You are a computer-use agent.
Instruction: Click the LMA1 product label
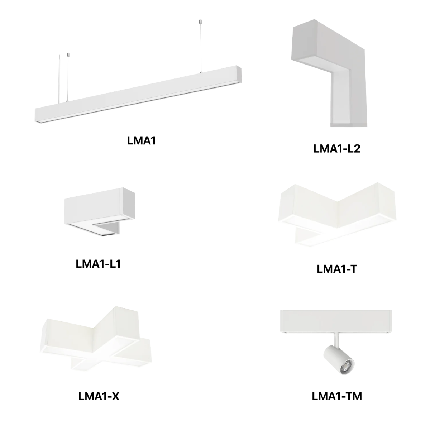[x=141, y=140]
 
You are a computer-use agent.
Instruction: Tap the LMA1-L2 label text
[x=337, y=149]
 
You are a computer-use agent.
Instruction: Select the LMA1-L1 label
[x=99, y=264]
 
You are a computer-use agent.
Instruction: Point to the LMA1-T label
[x=337, y=269]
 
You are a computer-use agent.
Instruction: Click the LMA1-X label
[x=99, y=396]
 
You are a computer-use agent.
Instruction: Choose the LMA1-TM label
[x=337, y=396]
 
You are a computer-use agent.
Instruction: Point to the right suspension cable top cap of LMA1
[x=200, y=22]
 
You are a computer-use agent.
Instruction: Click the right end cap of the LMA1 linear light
[x=239, y=75]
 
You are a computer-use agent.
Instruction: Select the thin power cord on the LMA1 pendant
[x=59, y=79]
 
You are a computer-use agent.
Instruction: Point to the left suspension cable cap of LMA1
[x=68, y=54]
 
